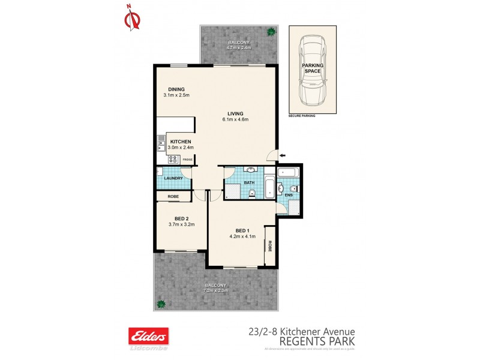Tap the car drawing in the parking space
coord(312,70)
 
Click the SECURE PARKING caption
coord(302,115)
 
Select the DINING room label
coord(176,89)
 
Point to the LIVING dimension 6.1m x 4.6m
coord(235,119)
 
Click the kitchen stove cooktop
coord(173,159)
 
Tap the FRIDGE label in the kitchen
coord(187,160)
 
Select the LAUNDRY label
coord(173,179)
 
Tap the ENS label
coord(289,195)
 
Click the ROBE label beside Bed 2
coord(173,196)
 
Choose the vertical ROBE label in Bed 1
coord(270,245)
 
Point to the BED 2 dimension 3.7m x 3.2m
coord(182,225)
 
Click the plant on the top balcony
coord(271,32)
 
